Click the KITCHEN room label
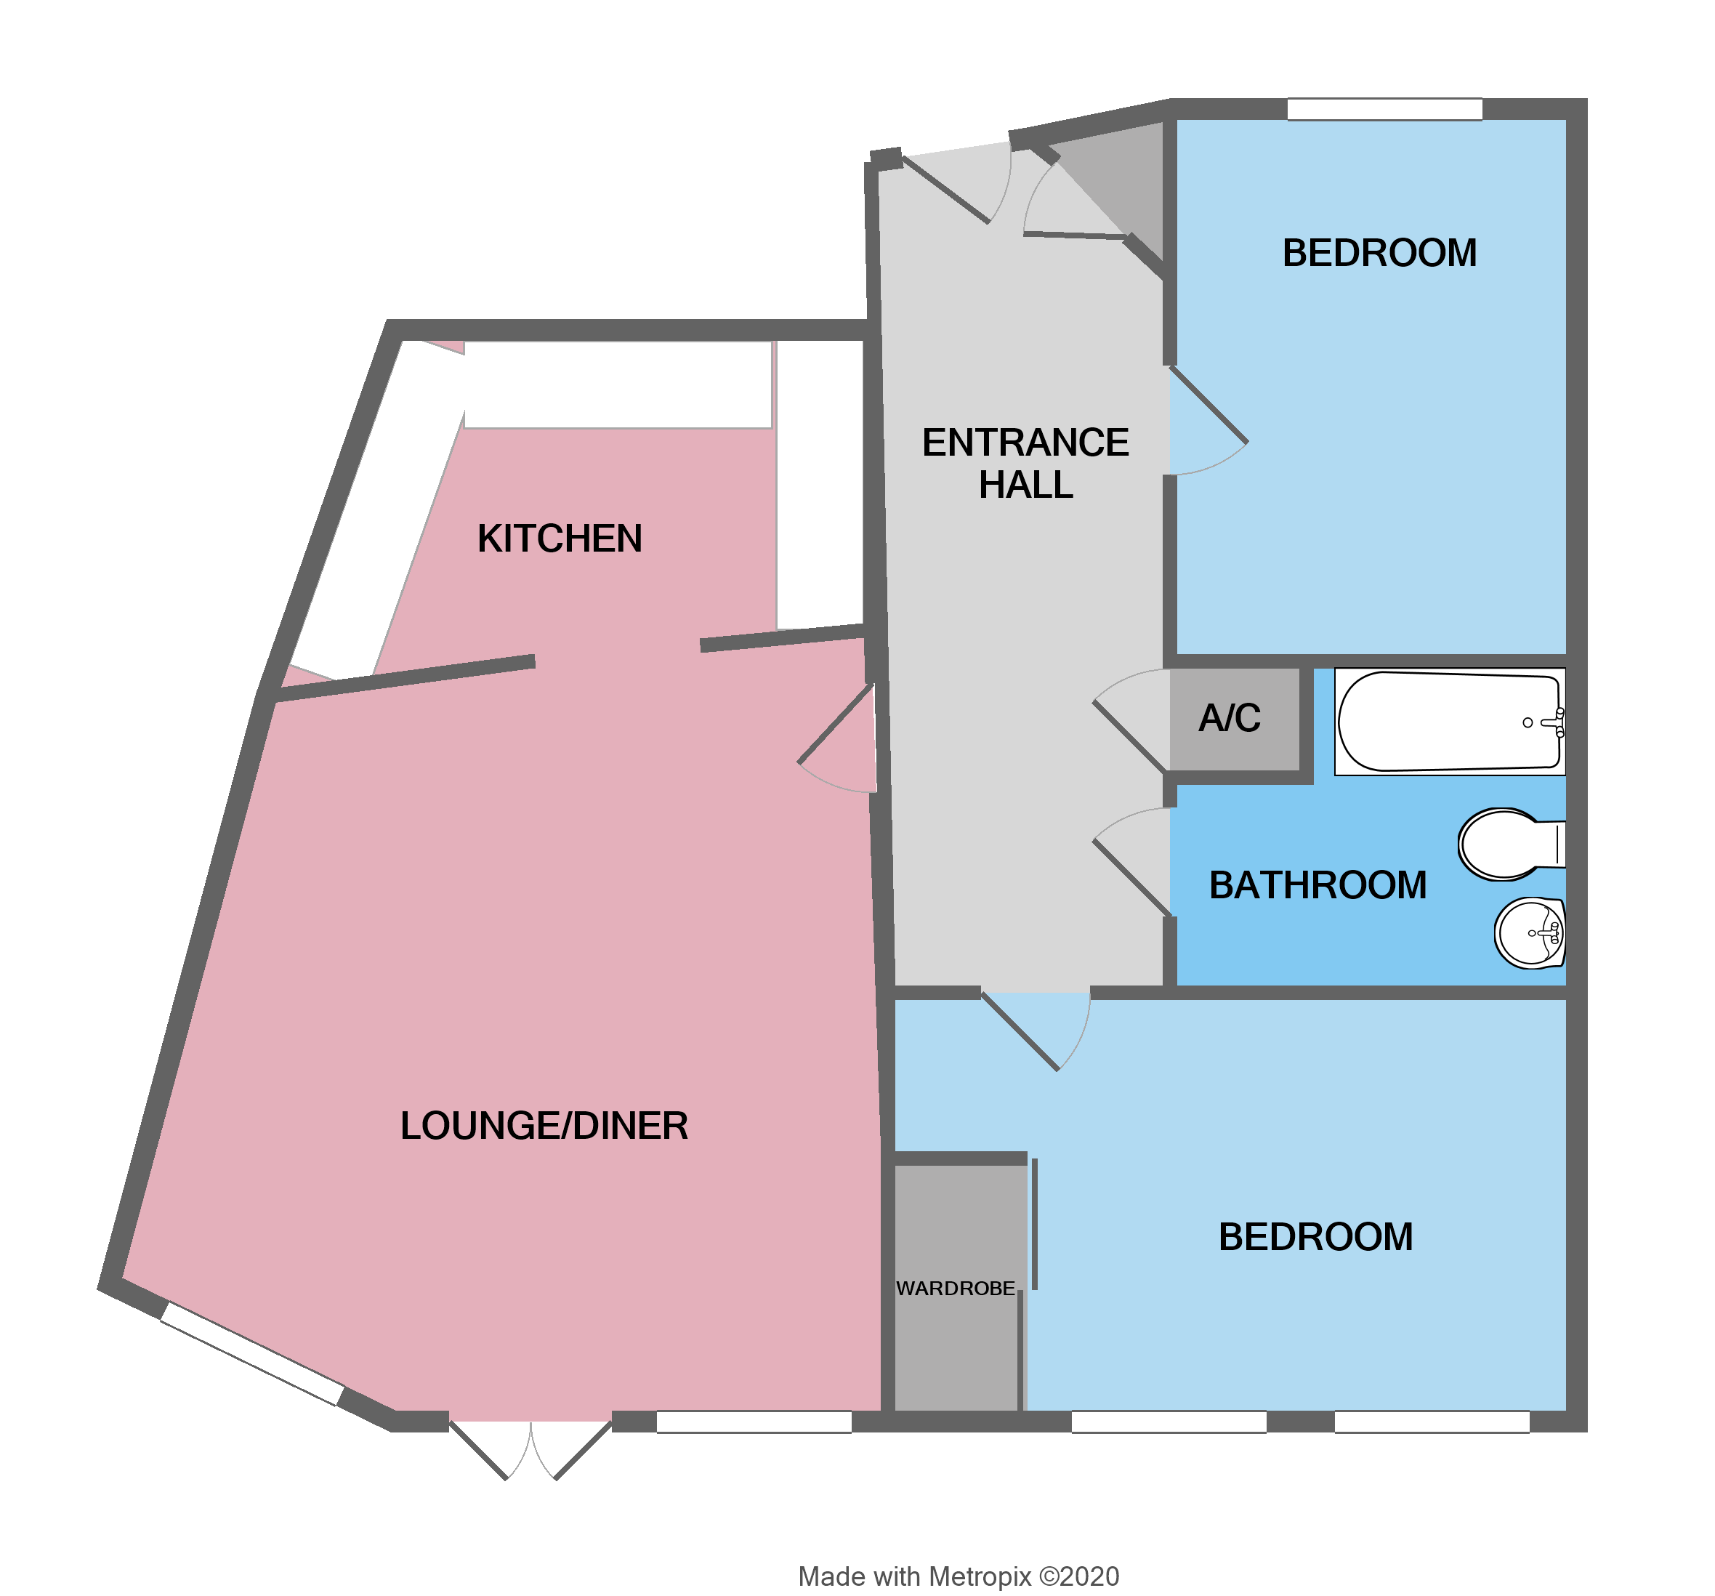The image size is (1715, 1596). coord(559,539)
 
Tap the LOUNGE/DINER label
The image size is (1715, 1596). coord(544,1126)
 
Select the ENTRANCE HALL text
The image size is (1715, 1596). coord(1025,463)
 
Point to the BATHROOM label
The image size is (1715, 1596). coord(1317,885)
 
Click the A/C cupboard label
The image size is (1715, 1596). coord(1230,718)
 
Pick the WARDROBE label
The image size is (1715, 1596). coord(955,1288)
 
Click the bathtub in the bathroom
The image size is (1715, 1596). coord(1448,721)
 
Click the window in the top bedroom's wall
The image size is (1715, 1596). coord(1384,110)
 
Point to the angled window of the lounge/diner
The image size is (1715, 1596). coord(252,1353)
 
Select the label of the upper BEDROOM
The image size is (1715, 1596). coord(1379,254)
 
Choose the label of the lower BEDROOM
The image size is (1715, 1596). coord(1315,1237)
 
